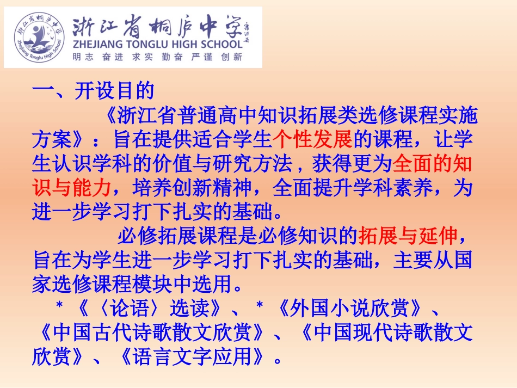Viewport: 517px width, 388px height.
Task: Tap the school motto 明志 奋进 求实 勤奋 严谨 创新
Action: [x=157, y=57]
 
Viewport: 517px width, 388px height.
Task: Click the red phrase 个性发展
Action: [x=313, y=140]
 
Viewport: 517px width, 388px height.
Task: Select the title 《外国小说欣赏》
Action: [x=349, y=309]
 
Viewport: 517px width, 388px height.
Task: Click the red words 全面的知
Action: [x=432, y=164]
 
